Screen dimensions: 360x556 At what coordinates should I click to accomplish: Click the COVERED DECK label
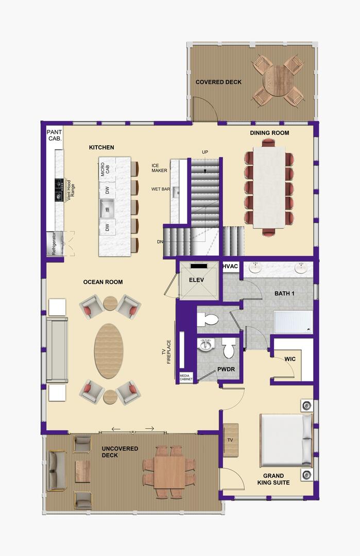pos(218,82)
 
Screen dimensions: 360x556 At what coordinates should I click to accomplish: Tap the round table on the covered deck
pos(278,80)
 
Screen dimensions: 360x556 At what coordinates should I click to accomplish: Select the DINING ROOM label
pos(269,133)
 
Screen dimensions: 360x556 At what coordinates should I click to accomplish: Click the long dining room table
pos(269,187)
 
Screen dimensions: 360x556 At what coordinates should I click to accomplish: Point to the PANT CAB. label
pos(55,135)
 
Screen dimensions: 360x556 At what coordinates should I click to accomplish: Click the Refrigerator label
pos(54,244)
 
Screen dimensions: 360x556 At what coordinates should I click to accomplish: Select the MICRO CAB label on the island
pos(106,169)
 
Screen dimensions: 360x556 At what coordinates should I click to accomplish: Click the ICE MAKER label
pos(159,168)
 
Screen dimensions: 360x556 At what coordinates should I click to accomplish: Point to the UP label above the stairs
pos(205,152)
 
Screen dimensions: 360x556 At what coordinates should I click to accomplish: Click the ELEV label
pos(197,280)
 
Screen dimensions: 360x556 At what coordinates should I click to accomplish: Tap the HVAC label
pos(231,266)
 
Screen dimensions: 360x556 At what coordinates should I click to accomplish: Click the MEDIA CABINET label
pos(186,377)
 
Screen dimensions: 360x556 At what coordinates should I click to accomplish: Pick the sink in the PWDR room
pos(205,344)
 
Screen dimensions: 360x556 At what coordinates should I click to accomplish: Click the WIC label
pos(290,359)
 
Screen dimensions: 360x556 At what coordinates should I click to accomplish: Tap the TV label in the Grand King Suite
pos(230,440)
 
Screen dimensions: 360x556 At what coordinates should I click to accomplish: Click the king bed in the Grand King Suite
pos(286,440)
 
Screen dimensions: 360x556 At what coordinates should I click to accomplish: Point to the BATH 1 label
pos(284,293)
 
